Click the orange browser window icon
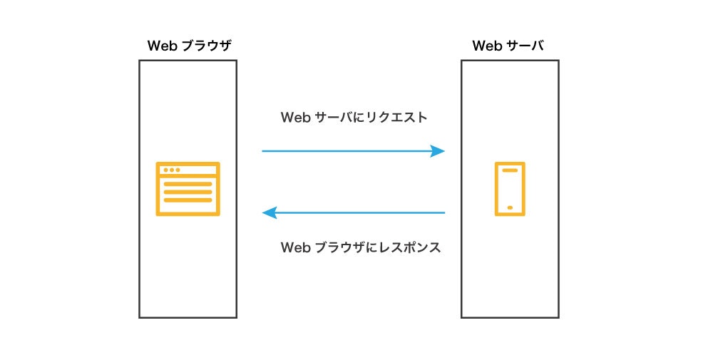188,188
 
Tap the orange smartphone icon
510,188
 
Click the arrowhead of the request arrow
437,151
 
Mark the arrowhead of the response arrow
270,212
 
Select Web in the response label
295,248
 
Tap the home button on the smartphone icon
510,207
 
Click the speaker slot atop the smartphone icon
510,170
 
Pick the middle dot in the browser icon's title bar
171,170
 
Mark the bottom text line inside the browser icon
188,200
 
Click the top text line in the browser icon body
188,184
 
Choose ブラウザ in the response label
338,248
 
